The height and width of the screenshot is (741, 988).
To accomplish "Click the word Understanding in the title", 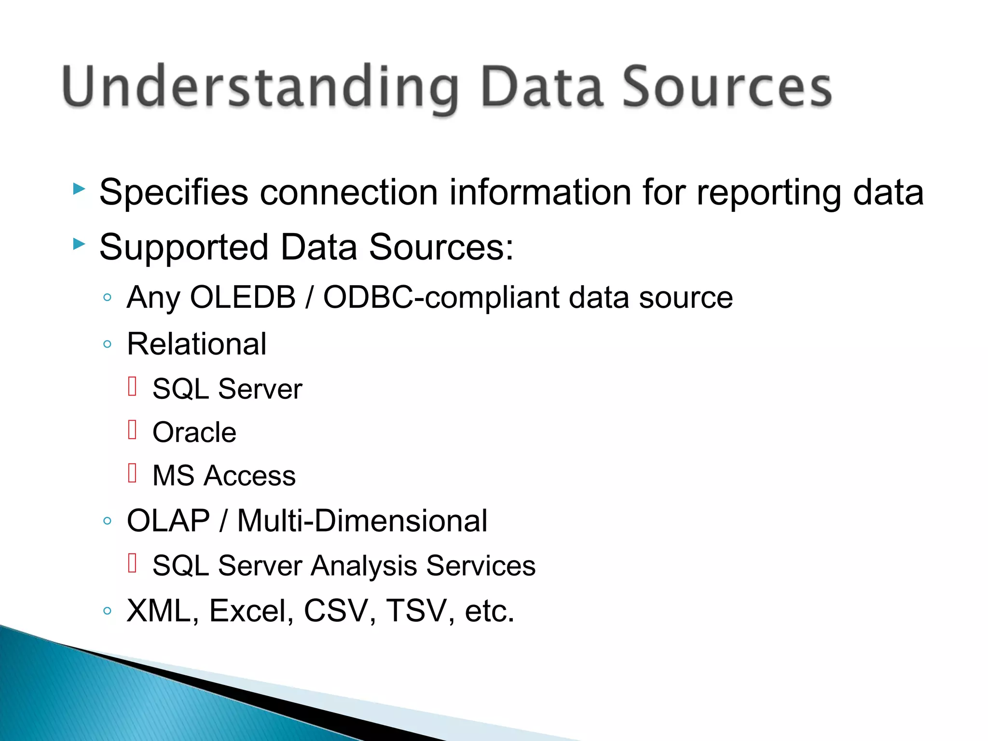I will click(261, 87).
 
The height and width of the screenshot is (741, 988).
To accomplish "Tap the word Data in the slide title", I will click(542, 87).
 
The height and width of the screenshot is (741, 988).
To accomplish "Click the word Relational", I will click(196, 344).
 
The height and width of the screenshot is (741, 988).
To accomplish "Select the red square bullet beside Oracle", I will click(133, 429).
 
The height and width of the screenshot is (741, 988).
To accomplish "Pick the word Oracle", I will click(194, 432).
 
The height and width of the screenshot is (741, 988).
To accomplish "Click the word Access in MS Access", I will click(249, 476).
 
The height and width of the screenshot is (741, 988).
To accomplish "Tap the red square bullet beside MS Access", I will click(133, 473).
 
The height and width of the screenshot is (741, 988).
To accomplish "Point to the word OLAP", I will click(168, 521).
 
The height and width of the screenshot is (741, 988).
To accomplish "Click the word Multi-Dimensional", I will click(362, 521).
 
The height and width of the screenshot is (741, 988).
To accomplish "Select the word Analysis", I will click(364, 566).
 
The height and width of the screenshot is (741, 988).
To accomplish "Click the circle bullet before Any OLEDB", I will click(107, 297).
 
